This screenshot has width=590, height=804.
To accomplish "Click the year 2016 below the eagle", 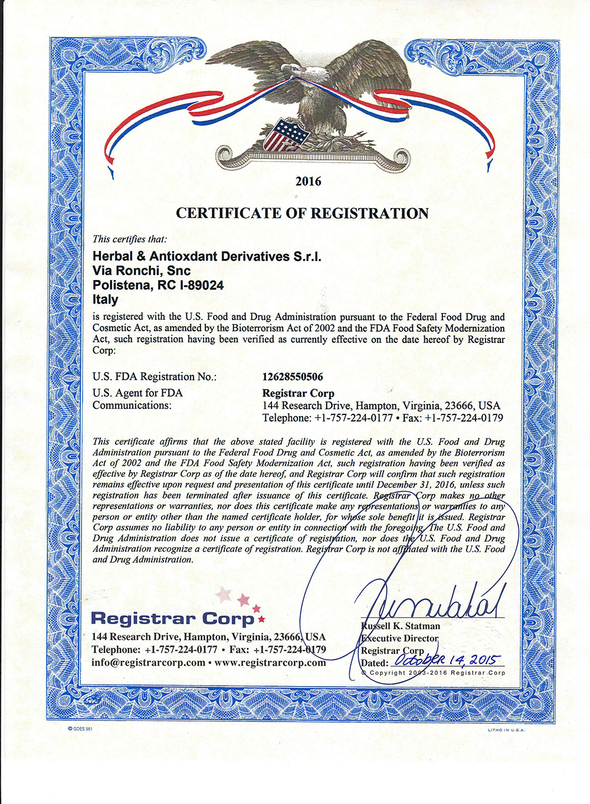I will pyautogui.click(x=308, y=181).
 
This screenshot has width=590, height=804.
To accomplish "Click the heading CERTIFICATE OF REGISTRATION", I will pyautogui.click(x=302, y=213).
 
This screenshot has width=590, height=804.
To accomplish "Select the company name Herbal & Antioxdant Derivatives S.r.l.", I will pyautogui.click(x=207, y=256).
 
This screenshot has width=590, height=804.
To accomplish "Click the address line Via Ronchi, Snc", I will pyautogui.click(x=142, y=271).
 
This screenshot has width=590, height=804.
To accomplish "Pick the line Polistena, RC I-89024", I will pyautogui.click(x=158, y=285).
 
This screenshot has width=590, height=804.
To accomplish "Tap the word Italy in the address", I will pyautogui.click(x=106, y=299).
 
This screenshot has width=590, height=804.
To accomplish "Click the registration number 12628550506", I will pyautogui.click(x=293, y=377).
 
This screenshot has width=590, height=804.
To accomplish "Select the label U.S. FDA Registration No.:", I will pyautogui.click(x=155, y=377).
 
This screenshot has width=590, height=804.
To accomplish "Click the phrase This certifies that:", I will pyautogui.click(x=130, y=239).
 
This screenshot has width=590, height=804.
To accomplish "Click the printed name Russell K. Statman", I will pyautogui.click(x=401, y=625).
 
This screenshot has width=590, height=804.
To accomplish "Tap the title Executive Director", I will pyautogui.click(x=400, y=638).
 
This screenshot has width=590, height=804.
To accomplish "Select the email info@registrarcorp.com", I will pyautogui.click(x=148, y=662).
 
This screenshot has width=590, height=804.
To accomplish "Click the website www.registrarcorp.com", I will pyautogui.click(x=270, y=662).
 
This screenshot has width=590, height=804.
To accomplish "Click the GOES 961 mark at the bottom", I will pyautogui.click(x=81, y=729).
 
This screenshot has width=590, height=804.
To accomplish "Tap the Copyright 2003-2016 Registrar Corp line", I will pyautogui.click(x=434, y=673).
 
